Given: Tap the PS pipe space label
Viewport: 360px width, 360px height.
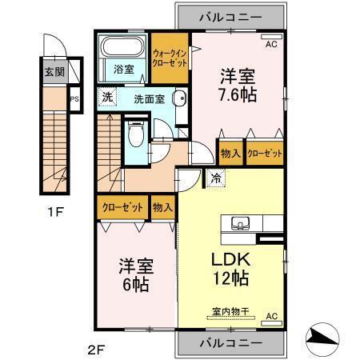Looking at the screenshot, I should tap(74, 100).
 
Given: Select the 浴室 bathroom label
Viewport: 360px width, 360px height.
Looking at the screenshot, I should tap(122, 69).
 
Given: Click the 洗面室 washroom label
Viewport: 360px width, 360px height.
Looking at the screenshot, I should tap(149, 99).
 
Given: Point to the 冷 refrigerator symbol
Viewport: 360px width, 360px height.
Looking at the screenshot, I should tap(216, 178).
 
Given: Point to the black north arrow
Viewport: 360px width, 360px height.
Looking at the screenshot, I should tap(326, 338).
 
